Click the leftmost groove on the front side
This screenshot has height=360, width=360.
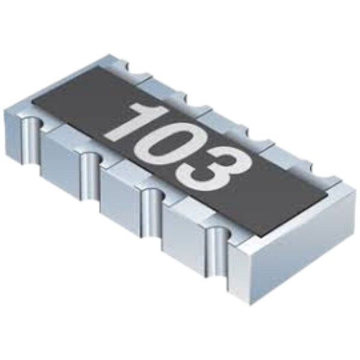pyautogui.click(x=31, y=140)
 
